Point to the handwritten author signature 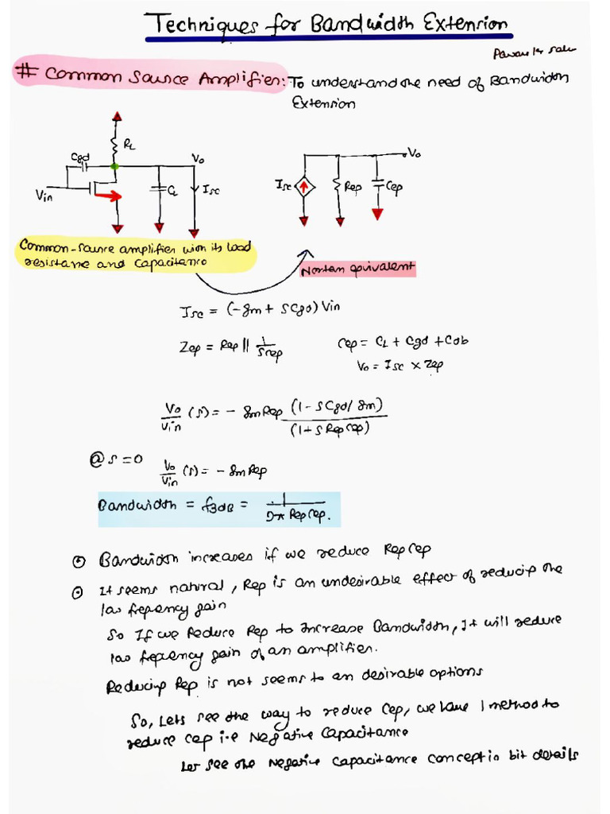[545, 52]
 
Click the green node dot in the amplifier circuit [116, 166]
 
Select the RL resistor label [130, 145]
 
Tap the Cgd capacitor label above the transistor [81, 157]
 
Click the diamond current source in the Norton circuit [305, 188]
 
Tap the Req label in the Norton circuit [353, 188]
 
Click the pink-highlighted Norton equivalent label [357, 269]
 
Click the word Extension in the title [466, 24]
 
